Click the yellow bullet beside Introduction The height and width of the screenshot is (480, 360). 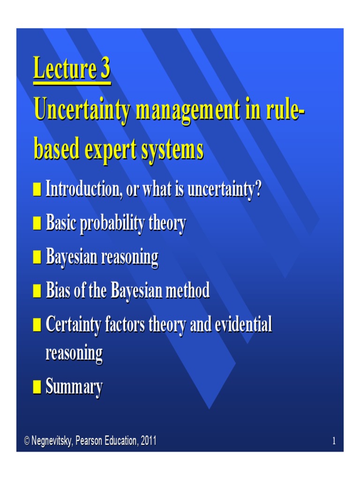coord(37,191)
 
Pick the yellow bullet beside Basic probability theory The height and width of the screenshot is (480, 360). coord(37,225)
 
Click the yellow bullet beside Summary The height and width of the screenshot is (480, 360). coord(37,388)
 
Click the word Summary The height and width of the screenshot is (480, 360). coord(74,388)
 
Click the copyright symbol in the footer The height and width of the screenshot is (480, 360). coord(27,441)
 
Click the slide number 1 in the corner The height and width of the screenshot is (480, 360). coord(334,441)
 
